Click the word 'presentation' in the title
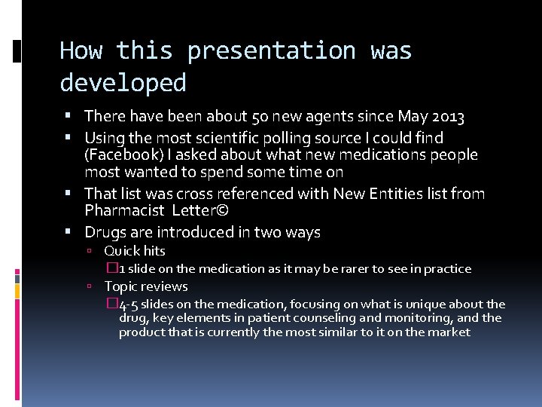point(271,51)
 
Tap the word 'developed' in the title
point(123,82)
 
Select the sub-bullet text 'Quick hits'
point(134,251)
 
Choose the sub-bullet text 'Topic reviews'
point(145,286)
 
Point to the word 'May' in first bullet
point(413,117)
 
